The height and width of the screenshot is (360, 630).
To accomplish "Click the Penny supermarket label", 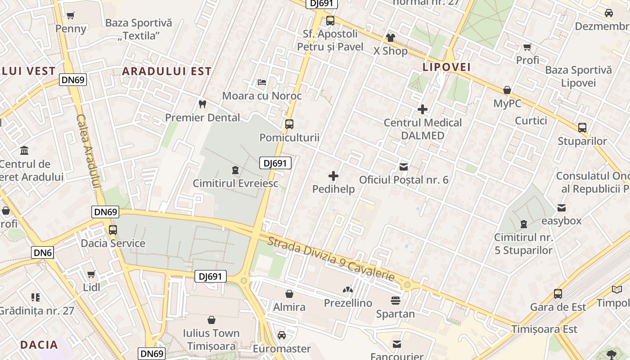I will [71, 29].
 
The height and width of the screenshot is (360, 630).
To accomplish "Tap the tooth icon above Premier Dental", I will [202, 104].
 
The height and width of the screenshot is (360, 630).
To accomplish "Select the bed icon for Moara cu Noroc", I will [262, 82].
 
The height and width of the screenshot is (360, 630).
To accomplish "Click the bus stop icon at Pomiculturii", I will [289, 124].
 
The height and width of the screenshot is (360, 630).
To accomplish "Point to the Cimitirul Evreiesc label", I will [235, 183].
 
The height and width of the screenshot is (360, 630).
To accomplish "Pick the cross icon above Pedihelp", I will [333, 176].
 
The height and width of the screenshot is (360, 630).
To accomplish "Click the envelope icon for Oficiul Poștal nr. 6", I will [404, 167].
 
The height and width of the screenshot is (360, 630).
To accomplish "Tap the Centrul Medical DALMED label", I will [423, 129].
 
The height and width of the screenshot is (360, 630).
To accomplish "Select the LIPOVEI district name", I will [446, 67].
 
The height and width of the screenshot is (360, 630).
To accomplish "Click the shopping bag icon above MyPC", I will [507, 90].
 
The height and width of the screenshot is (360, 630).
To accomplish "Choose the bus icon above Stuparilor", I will [582, 127].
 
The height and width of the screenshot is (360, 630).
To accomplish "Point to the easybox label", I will [561, 221].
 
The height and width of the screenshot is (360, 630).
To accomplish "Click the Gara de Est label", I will [558, 307].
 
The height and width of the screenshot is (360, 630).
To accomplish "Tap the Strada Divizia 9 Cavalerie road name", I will [331, 258].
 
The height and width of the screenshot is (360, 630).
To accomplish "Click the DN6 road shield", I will [43, 252].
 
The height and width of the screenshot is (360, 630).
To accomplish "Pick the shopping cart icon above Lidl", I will [91, 274].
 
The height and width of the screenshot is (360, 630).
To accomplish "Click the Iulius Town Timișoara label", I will [211, 339].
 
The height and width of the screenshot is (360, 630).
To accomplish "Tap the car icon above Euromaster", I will [282, 335].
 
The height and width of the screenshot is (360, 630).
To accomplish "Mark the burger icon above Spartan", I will [396, 300].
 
